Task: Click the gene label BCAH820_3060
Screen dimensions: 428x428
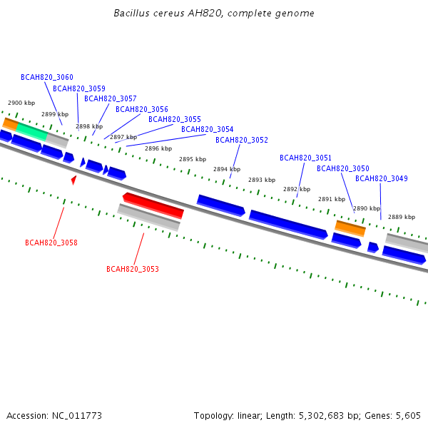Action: (x=47, y=77)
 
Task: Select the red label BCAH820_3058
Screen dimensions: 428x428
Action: (x=51, y=243)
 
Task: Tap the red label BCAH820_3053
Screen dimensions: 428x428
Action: (x=133, y=269)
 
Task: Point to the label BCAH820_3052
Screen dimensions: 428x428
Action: (x=242, y=140)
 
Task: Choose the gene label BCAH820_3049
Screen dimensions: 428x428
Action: (x=382, y=178)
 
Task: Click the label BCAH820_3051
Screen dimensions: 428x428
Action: (x=306, y=158)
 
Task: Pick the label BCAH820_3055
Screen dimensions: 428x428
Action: (x=175, y=119)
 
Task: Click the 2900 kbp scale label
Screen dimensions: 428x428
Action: (x=21, y=103)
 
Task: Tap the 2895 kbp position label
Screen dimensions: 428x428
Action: (x=193, y=159)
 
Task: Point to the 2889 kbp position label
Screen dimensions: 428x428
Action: (x=402, y=217)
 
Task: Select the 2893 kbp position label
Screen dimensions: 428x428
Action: (x=262, y=180)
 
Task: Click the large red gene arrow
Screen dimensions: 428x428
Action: (x=153, y=205)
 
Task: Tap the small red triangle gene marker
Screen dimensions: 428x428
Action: (x=73, y=180)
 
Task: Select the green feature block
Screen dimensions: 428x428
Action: (x=32, y=132)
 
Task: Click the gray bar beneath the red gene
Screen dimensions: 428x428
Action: (x=149, y=218)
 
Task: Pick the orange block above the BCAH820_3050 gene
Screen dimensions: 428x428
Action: (x=350, y=228)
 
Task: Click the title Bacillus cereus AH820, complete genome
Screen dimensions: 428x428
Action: (x=214, y=13)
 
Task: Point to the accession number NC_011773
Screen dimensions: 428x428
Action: (x=77, y=416)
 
